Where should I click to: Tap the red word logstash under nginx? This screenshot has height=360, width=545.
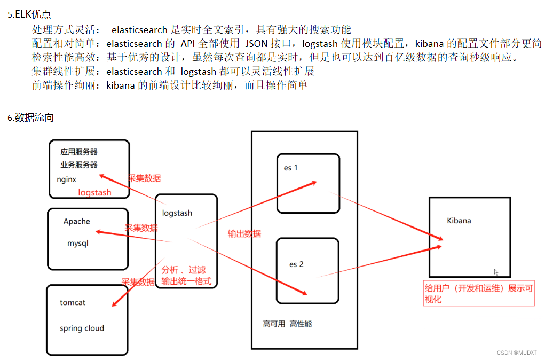(94, 192)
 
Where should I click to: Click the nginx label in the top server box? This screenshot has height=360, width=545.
(67, 179)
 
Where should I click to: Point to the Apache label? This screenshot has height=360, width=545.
(77, 222)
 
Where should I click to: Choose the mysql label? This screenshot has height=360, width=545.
(77, 243)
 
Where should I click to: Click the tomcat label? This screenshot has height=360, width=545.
(73, 302)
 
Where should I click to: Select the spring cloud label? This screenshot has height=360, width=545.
(82, 328)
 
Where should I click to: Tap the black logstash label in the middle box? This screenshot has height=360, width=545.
(177, 213)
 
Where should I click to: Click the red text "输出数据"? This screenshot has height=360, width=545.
(244, 233)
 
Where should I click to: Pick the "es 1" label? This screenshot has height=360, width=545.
(291, 168)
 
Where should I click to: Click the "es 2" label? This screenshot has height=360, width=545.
(296, 264)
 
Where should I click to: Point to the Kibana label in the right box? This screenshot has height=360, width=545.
(459, 220)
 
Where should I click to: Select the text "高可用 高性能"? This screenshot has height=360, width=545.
(287, 324)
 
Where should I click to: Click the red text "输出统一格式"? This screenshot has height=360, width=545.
(186, 281)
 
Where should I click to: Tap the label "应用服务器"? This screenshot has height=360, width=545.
(79, 152)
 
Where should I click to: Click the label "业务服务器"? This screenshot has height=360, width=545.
(79, 165)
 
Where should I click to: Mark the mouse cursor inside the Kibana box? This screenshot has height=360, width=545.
(496, 272)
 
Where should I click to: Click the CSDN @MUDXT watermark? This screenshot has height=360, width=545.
(516, 353)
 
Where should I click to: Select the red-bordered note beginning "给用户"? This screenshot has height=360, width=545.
(478, 294)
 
